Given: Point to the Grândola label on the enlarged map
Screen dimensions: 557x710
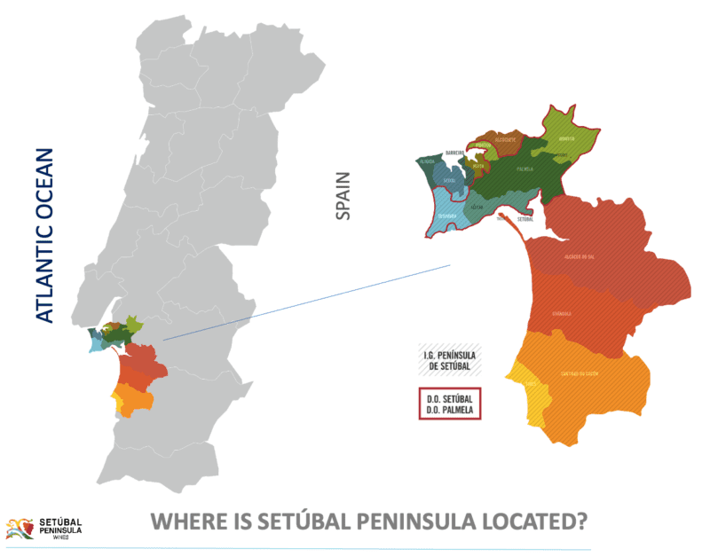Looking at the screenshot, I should [561, 312].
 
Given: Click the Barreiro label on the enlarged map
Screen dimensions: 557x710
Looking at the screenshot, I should [455, 153].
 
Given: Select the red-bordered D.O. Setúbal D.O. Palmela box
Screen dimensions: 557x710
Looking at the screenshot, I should [448, 404].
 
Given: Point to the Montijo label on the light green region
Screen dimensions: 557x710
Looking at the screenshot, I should [568, 139].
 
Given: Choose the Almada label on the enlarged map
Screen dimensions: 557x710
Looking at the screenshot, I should [427, 163].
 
